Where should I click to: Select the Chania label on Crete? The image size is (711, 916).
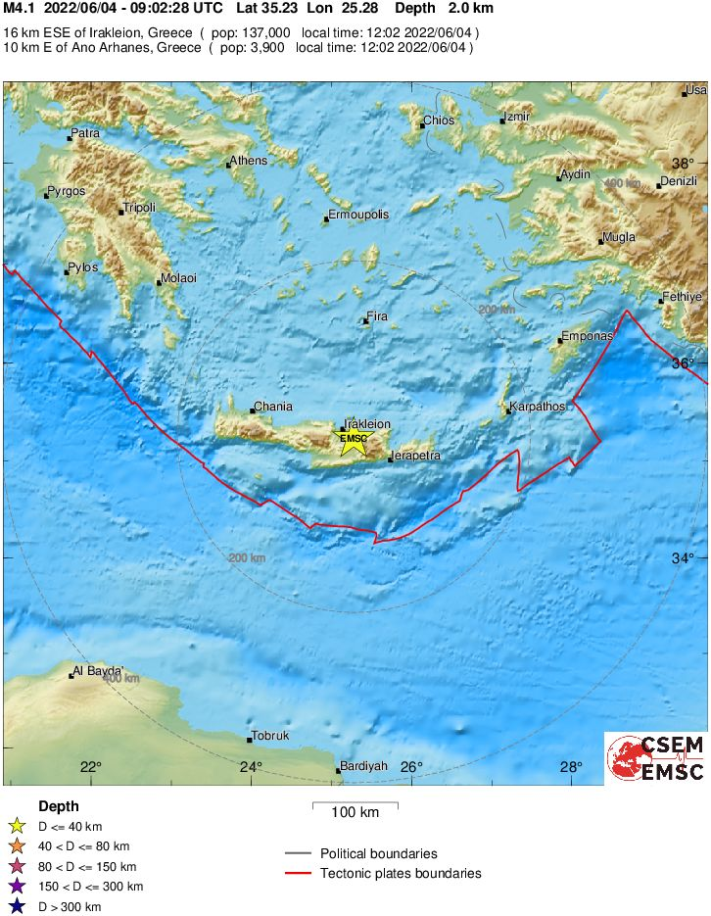tap(272, 407)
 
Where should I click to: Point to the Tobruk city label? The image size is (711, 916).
tap(270, 736)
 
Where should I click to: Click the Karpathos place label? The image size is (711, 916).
tap(538, 406)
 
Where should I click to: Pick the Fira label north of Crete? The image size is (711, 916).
tap(377, 317)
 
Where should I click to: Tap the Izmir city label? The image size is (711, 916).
tap(516, 118)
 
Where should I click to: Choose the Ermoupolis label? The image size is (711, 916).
tap(358, 215)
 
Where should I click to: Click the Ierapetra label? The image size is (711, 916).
tap(415, 456)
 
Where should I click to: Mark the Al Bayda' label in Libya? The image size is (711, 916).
tap(96, 672)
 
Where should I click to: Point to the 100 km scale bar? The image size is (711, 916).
tap(355, 807)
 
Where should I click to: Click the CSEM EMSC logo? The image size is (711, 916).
tap(655, 758)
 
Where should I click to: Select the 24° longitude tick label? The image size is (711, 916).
tap(251, 767)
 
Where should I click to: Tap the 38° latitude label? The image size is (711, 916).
tap(682, 164)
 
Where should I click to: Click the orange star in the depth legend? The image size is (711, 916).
tap(17, 846)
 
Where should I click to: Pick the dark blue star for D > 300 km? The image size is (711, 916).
tap(17, 906)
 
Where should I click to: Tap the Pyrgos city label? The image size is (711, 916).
tap(66, 191)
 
